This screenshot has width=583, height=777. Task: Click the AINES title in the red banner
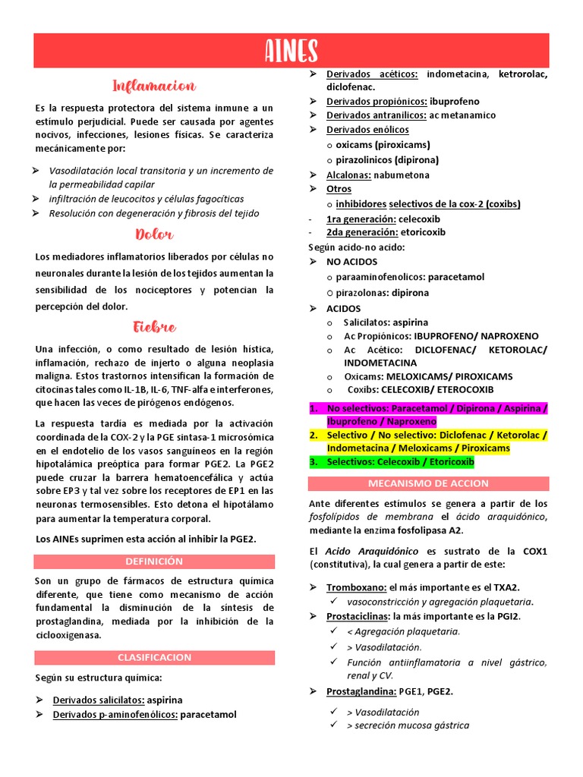click(291, 51)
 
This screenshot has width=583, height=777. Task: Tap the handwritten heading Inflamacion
click(154, 86)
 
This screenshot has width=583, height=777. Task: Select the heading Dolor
click(154, 234)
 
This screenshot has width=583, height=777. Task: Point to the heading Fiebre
click(154, 328)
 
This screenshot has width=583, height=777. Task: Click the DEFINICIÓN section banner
click(154, 561)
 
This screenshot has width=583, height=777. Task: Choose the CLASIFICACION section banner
click(154, 657)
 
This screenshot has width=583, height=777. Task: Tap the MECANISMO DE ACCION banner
click(428, 483)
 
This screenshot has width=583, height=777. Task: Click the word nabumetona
click(402, 175)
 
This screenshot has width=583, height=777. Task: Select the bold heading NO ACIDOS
click(351, 262)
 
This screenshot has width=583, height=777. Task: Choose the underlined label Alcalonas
click(348, 175)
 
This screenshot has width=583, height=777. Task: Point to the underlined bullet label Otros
click(339, 189)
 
